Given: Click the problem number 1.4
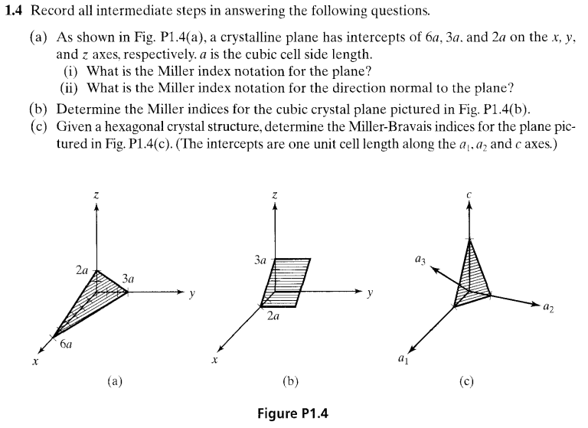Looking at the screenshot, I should [x=16, y=12].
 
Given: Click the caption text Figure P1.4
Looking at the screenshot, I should [x=294, y=414].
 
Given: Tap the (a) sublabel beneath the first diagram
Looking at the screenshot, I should [x=113, y=380].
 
